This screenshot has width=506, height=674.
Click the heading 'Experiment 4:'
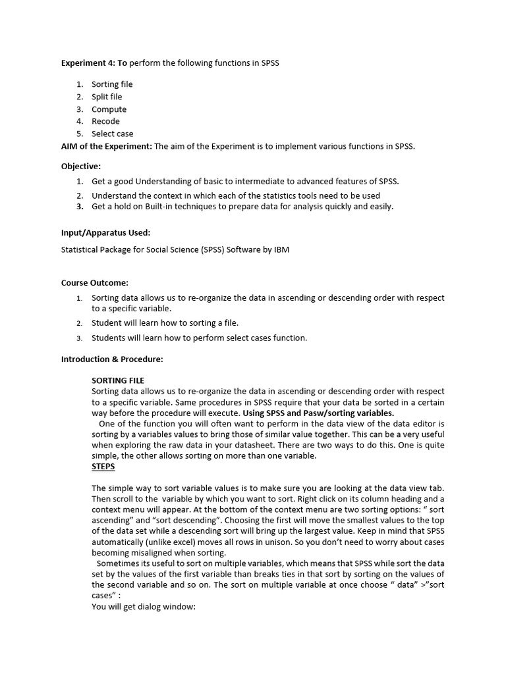pos(88,63)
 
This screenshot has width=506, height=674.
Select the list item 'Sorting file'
pos(112,84)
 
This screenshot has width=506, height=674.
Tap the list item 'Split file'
pos(107,97)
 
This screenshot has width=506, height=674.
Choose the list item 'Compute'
pos(109,109)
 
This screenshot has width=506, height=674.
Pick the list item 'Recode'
pos(105,121)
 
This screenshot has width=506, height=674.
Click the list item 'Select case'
pos(112,134)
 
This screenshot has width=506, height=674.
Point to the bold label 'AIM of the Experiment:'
pos(106,146)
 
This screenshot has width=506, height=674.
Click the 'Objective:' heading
pos(81,167)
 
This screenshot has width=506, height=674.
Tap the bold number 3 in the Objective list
pos(79,206)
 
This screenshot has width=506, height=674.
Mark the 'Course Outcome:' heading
pos(94,282)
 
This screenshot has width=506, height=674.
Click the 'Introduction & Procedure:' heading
pos(111,359)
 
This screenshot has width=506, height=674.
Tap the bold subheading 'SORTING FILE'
pos(118,380)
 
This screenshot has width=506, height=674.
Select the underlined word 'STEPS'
pos(103,467)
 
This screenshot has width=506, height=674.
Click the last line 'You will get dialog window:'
pos(144,606)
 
